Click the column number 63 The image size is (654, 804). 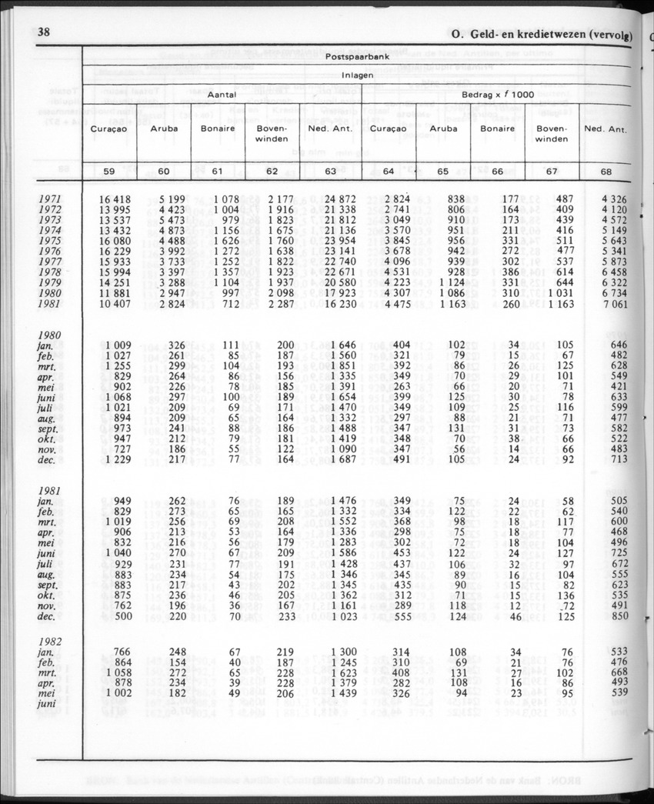(332, 172)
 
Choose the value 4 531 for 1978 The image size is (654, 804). (390, 273)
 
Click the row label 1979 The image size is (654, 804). (49, 284)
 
